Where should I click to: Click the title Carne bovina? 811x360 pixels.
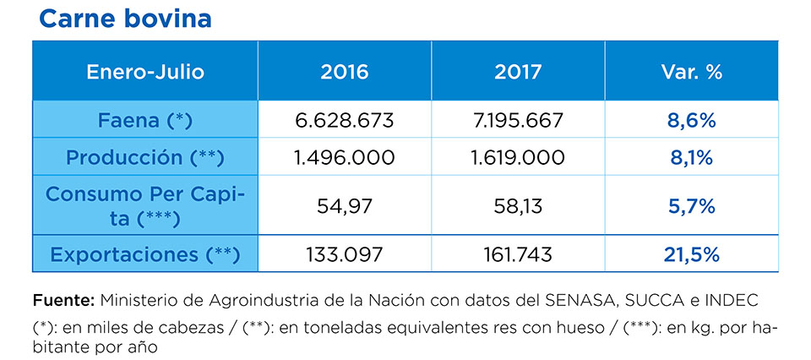[x=125, y=19]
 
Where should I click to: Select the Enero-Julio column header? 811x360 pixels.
[x=145, y=72]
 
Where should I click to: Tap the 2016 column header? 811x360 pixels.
[x=345, y=72]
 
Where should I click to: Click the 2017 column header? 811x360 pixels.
[x=518, y=72]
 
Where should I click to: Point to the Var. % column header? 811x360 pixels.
[x=691, y=72]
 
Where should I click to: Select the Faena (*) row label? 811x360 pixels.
[x=145, y=120]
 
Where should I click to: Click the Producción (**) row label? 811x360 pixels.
[x=145, y=158]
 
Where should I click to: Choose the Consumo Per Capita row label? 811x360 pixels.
[x=145, y=206]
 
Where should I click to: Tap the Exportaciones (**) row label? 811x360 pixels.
[x=145, y=254]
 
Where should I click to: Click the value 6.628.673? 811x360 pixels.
[x=345, y=120]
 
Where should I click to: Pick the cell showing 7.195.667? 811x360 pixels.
[x=518, y=120]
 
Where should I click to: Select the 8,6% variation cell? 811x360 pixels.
[x=691, y=120]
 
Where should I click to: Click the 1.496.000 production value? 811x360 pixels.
[x=345, y=158]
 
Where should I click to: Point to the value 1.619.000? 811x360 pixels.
[x=518, y=158]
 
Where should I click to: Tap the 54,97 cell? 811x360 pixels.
[x=345, y=206]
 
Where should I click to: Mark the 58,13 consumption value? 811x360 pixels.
[x=518, y=206]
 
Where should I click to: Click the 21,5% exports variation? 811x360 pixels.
[x=691, y=254]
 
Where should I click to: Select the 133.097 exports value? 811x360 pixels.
[x=345, y=254]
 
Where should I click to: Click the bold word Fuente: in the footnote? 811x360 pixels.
[x=63, y=301]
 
